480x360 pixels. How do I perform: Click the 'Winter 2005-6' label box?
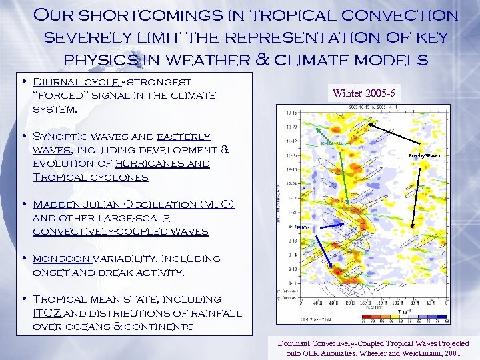371,93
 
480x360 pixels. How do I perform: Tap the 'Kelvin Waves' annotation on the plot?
335,143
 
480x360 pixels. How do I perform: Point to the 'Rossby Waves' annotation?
424,155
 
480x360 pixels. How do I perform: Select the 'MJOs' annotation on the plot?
302,228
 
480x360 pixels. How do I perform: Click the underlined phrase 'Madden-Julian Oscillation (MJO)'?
133,204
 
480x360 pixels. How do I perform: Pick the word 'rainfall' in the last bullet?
209,313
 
